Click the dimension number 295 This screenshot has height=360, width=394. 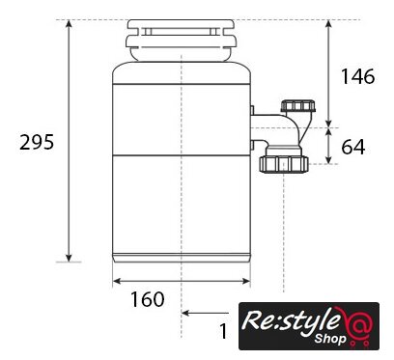(37, 142)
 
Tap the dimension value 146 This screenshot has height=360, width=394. (357, 76)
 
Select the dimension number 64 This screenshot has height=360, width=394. (353, 147)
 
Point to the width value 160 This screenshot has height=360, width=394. (148, 299)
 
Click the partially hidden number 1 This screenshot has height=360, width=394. (223, 331)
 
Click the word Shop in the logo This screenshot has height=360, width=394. (330, 339)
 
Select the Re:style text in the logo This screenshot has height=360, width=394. (291, 319)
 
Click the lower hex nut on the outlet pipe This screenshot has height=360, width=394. (284, 164)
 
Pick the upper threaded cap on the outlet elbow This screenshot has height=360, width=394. (298, 106)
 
